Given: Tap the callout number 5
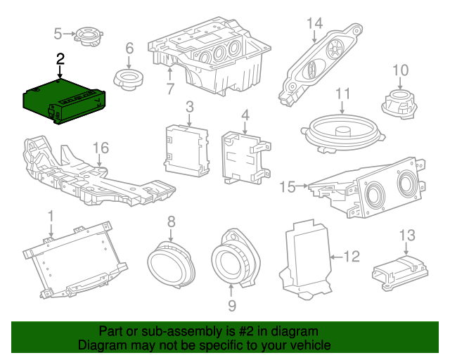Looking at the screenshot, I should click(x=59, y=32).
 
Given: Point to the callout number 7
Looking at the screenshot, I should click(x=169, y=89).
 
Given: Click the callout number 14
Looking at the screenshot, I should click(x=314, y=23).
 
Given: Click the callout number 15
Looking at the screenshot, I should click(x=287, y=186).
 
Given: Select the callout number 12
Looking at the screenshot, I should click(x=352, y=257).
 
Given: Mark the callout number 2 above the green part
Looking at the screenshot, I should click(x=60, y=59).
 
